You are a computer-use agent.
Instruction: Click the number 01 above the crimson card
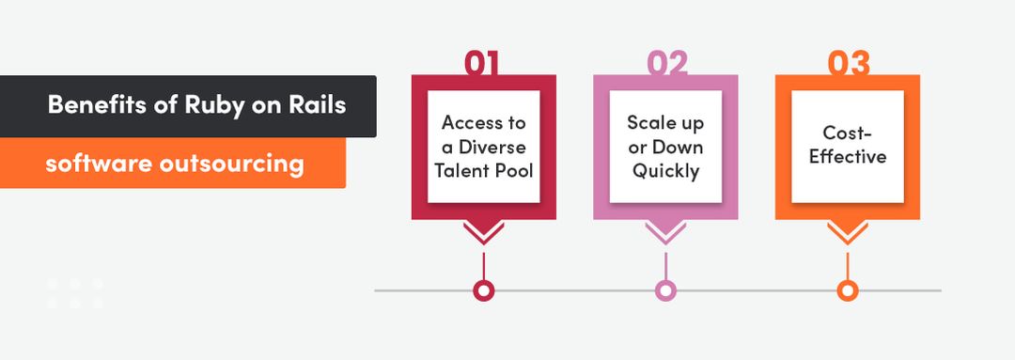coord(483,63)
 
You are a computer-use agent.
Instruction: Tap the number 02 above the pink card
coord(665,63)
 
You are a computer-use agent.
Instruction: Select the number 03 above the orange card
coord(848,63)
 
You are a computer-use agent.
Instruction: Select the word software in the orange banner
coord(98,164)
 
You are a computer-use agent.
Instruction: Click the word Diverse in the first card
coord(494,148)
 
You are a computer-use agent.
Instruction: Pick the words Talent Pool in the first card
coord(484,171)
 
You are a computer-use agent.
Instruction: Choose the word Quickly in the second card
coord(665,171)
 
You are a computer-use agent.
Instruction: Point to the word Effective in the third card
coord(848,156)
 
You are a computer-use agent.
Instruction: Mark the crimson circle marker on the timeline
coord(483,290)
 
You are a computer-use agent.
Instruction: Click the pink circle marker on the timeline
coord(665,290)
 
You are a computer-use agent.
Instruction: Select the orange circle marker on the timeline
coord(848,290)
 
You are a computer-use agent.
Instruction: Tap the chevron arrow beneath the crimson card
coord(483,233)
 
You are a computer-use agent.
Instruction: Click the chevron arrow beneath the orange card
coord(848,233)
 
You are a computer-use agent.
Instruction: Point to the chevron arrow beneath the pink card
coord(665,233)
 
